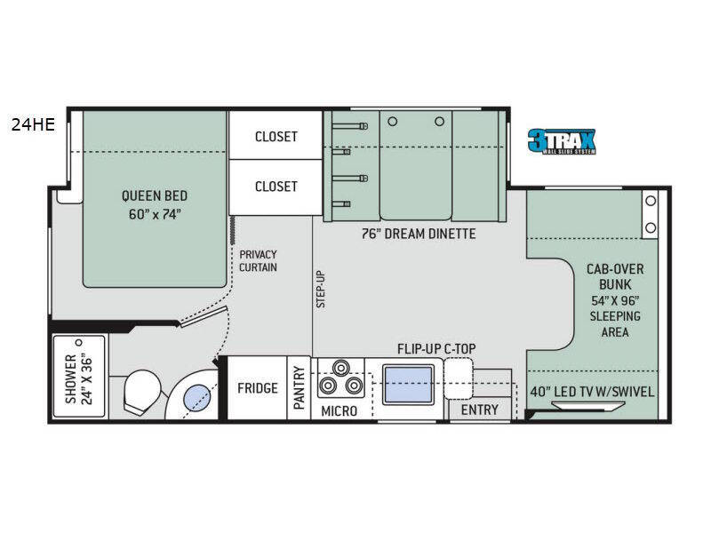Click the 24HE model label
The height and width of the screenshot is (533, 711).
(33, 124)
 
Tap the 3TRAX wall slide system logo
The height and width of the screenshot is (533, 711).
(561, 141)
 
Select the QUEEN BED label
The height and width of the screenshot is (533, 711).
(155, 205)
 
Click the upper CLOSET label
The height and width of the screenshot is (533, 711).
(276, 136)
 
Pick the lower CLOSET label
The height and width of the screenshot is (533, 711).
(276, 186)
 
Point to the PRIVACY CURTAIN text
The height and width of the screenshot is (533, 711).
(259, 260)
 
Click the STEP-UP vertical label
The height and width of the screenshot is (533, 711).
(322, 289)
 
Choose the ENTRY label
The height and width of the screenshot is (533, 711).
(479, 410)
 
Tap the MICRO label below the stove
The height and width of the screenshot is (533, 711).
(339, 410)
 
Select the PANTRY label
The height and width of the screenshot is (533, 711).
(300, 388)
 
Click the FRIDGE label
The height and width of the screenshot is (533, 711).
(258, 388)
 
